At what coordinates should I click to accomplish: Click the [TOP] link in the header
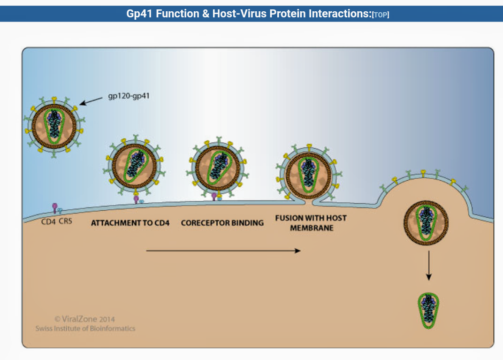pos(381,15)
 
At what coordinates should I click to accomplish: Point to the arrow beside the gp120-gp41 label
pos(91,100)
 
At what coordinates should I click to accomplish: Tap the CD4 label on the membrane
pos(49,222)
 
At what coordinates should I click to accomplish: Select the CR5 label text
pos(65,222)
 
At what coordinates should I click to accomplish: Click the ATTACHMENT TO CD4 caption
pos(130,222)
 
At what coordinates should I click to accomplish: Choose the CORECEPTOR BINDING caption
pos(222,222)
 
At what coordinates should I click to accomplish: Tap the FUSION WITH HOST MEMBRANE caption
pos(311,223)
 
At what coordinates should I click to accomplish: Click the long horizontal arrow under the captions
pos(223,251)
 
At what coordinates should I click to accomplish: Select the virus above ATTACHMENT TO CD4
pos(135,166)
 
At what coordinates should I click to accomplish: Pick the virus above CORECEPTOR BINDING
pos(218,166)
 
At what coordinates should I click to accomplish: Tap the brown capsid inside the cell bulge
pos(426,222)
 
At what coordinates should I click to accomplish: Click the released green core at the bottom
pos(428,310)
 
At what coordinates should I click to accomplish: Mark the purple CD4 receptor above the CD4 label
pos(54,207)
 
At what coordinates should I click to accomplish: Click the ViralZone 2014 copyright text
pos(84,319)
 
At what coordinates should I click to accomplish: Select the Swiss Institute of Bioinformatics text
pos(85,329)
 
